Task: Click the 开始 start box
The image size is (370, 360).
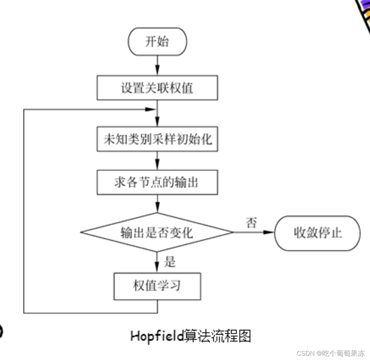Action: pyautogui.click(x=157, y=42)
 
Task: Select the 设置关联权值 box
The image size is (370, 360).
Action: pyautogui.click(x=157, y=88)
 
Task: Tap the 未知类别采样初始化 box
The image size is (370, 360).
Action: pyautogui.click(x=157, y=139)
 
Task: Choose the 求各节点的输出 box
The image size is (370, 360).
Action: pyautogui.click(x=157, y=182)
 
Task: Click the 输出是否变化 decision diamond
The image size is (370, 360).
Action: pyautogui.click(x=157, y=232)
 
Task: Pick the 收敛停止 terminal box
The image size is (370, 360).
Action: pyautogui.click(x=317, y=233)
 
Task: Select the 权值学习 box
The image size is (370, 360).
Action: pyautogui.click(x=157, y=286)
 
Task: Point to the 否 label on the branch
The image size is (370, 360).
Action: pyautogui.click(x=251, y=223)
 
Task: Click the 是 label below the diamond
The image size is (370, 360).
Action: pyautogui.click(x=170, y=262)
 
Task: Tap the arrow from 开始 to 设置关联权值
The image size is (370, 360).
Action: pyautogui.click(x=157, y=66)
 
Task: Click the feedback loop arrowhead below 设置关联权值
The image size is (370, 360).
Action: pyautogui.click(x=151, y=110)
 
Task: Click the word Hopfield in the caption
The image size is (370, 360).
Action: pyautogui.click(x=158, y=336)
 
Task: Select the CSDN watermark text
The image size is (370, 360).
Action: pyautogui.click(x=305, y=353)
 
